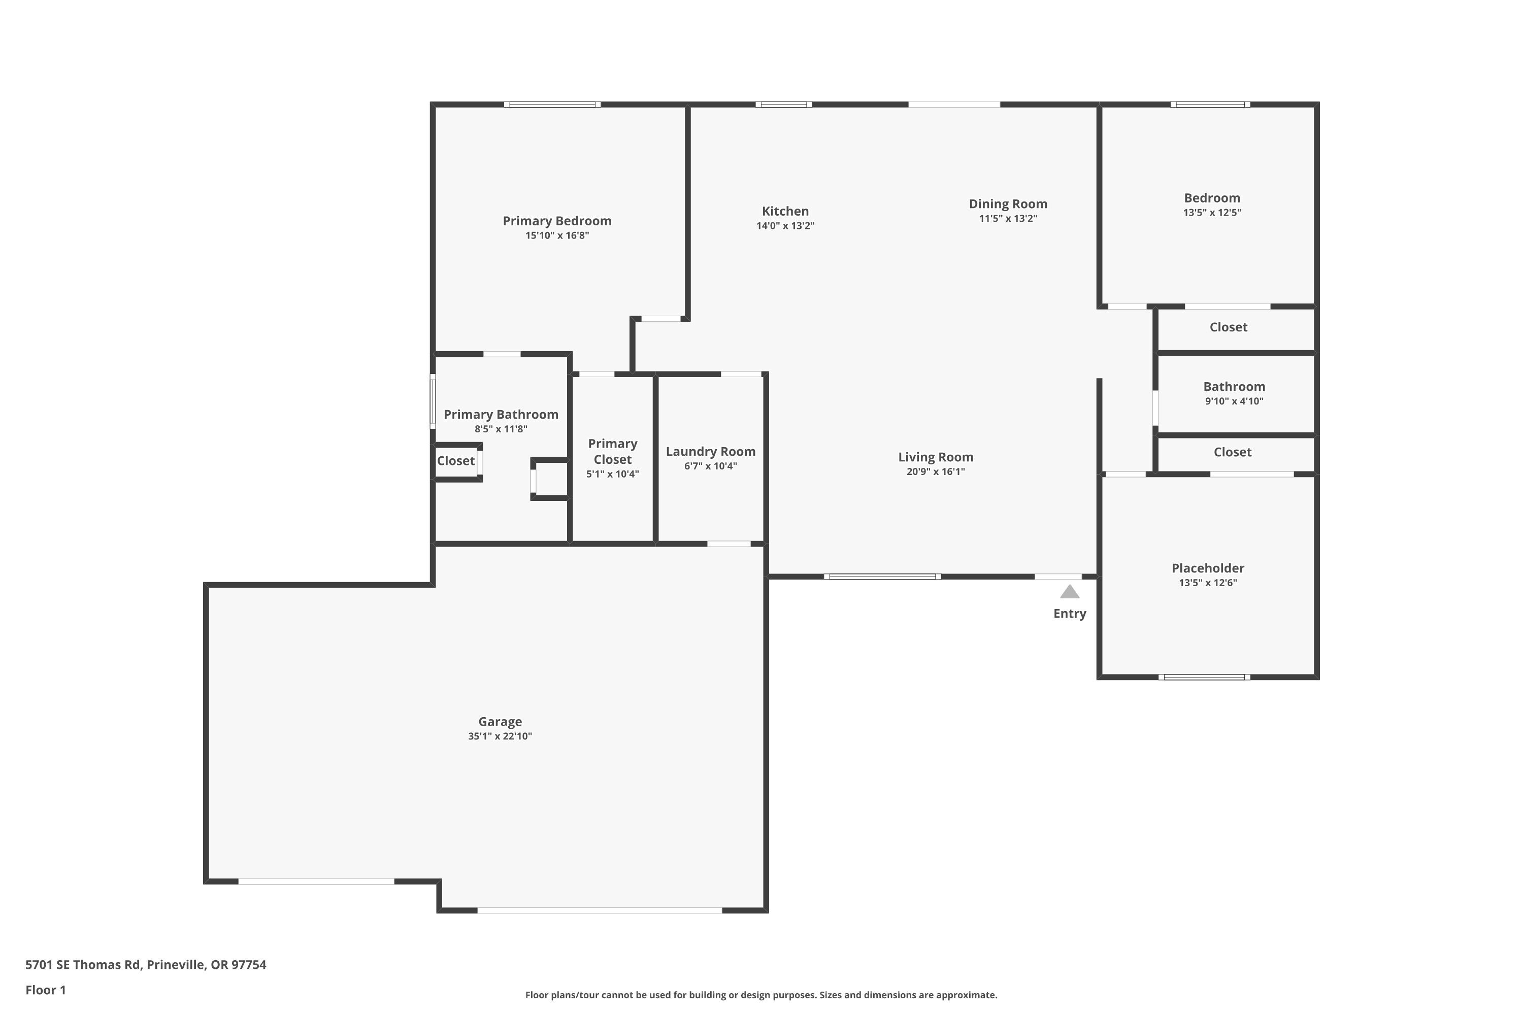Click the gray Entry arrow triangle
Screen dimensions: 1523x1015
pos(1069,592)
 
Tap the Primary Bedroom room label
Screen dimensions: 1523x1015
pos(557,221)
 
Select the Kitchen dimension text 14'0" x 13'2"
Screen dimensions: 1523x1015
pos(785,226)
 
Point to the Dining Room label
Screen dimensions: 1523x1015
pos(1008,204)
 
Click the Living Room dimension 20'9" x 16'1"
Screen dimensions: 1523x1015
pos(935,472)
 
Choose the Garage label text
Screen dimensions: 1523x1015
pos(500,721)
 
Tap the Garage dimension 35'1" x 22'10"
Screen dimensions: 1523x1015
pos(500,736)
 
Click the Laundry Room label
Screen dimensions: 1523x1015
pos(710,451)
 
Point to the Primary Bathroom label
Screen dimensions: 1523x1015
pos(501,414)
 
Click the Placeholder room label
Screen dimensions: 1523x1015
pos(1208,568)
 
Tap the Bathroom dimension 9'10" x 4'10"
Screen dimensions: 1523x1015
pos(1234,401)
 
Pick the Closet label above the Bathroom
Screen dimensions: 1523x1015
pos(1229,327)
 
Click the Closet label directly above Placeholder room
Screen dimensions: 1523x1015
pos(1232,452)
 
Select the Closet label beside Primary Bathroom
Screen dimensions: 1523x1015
pos(455,461)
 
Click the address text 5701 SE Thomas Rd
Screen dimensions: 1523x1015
pos(83,965)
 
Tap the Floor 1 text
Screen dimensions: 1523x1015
pos(45,990)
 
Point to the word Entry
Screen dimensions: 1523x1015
pos(1069,614)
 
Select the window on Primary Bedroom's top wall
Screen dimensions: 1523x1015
pos(552,104)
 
